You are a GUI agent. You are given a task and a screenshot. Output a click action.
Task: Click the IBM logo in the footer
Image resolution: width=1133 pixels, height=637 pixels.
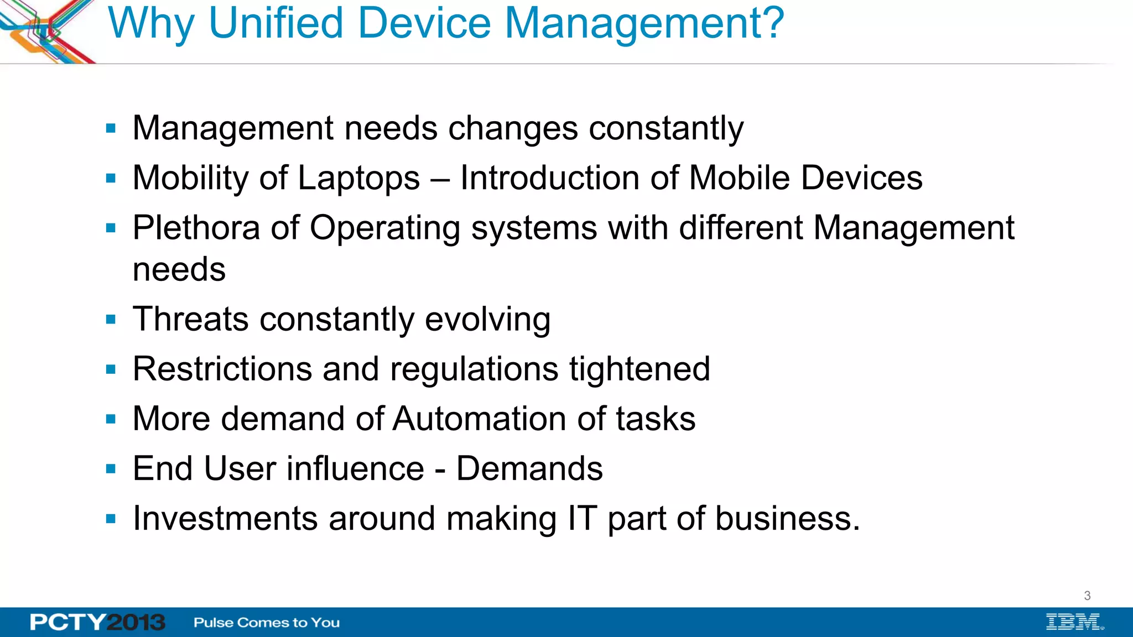click(x=1074, y=622)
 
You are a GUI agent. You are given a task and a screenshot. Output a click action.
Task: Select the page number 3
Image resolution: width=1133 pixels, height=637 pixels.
click(x=1087, y=596)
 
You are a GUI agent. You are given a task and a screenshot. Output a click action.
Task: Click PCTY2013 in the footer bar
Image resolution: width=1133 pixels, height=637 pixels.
click(x=97, y=622)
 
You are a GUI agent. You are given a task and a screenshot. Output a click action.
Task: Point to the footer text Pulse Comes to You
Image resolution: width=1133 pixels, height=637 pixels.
click(x=267, y=623)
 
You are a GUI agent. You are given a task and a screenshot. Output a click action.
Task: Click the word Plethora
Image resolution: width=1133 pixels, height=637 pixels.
click(x=196, y=228)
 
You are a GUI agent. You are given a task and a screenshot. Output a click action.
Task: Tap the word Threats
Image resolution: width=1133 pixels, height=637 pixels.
click(x=190, y=319)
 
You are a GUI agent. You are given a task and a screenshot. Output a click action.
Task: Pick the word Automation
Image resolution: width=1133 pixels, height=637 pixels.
click(x=479, y=419)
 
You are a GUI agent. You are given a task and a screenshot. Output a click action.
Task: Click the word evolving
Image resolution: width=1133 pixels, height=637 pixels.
click(x=487, y=320)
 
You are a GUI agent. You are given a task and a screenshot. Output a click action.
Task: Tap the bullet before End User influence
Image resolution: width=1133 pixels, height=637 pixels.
click(x=111, y=469)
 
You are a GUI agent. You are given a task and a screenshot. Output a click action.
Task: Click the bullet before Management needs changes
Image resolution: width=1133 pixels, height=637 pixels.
click(x=111, y=129)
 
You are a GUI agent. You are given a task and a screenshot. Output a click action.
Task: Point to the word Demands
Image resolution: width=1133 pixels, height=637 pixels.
click(x=529, y=469)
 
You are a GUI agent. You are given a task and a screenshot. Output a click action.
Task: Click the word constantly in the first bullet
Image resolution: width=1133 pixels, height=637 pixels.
click(x=666, y=129)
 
